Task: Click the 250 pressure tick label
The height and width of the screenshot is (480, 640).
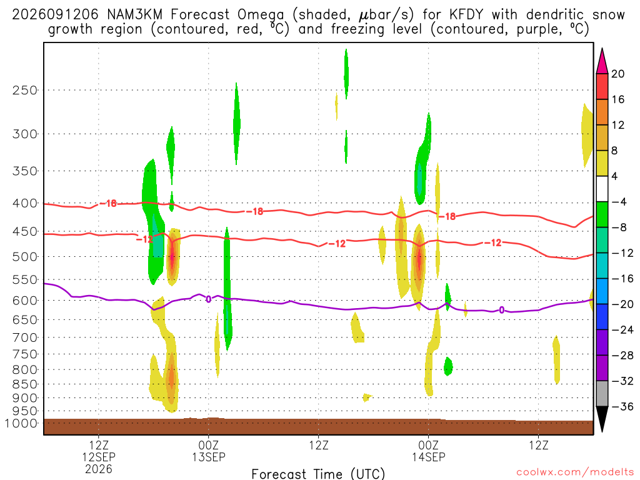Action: click(24, 90)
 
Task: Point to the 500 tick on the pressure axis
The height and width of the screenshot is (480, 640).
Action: click(24, 257)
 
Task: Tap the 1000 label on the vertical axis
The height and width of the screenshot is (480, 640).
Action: click(21, 423)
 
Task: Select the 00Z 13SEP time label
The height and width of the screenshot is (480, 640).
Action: click(209, 451)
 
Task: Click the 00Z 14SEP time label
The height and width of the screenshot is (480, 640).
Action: click(429, 451)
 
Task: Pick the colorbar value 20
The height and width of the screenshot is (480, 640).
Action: click(618, 74)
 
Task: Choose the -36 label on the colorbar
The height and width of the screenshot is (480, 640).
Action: click(622, 406)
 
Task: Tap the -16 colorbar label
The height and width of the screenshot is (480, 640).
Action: click(622, 279)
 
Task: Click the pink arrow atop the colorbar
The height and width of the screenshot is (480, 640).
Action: click(602, 62)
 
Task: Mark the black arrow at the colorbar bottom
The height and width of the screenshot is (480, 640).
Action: click(602, 419)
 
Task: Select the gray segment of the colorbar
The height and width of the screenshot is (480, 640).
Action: click(602, 394)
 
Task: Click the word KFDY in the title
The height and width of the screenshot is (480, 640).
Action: click(466, 15)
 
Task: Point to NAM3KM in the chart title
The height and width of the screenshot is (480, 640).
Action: click(134, 15)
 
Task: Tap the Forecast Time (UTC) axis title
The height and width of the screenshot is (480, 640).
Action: click(318, 474)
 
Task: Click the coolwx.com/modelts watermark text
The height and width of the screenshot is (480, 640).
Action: click(575, 472)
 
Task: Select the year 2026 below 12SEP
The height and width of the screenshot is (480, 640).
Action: click(99, 469)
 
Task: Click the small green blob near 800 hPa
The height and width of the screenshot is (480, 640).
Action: click(448, 366)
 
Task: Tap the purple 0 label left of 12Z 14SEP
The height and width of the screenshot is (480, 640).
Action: click(502, 310)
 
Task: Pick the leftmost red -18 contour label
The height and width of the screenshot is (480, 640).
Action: click(108, 203)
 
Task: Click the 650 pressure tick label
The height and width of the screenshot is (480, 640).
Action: click(24, 320)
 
